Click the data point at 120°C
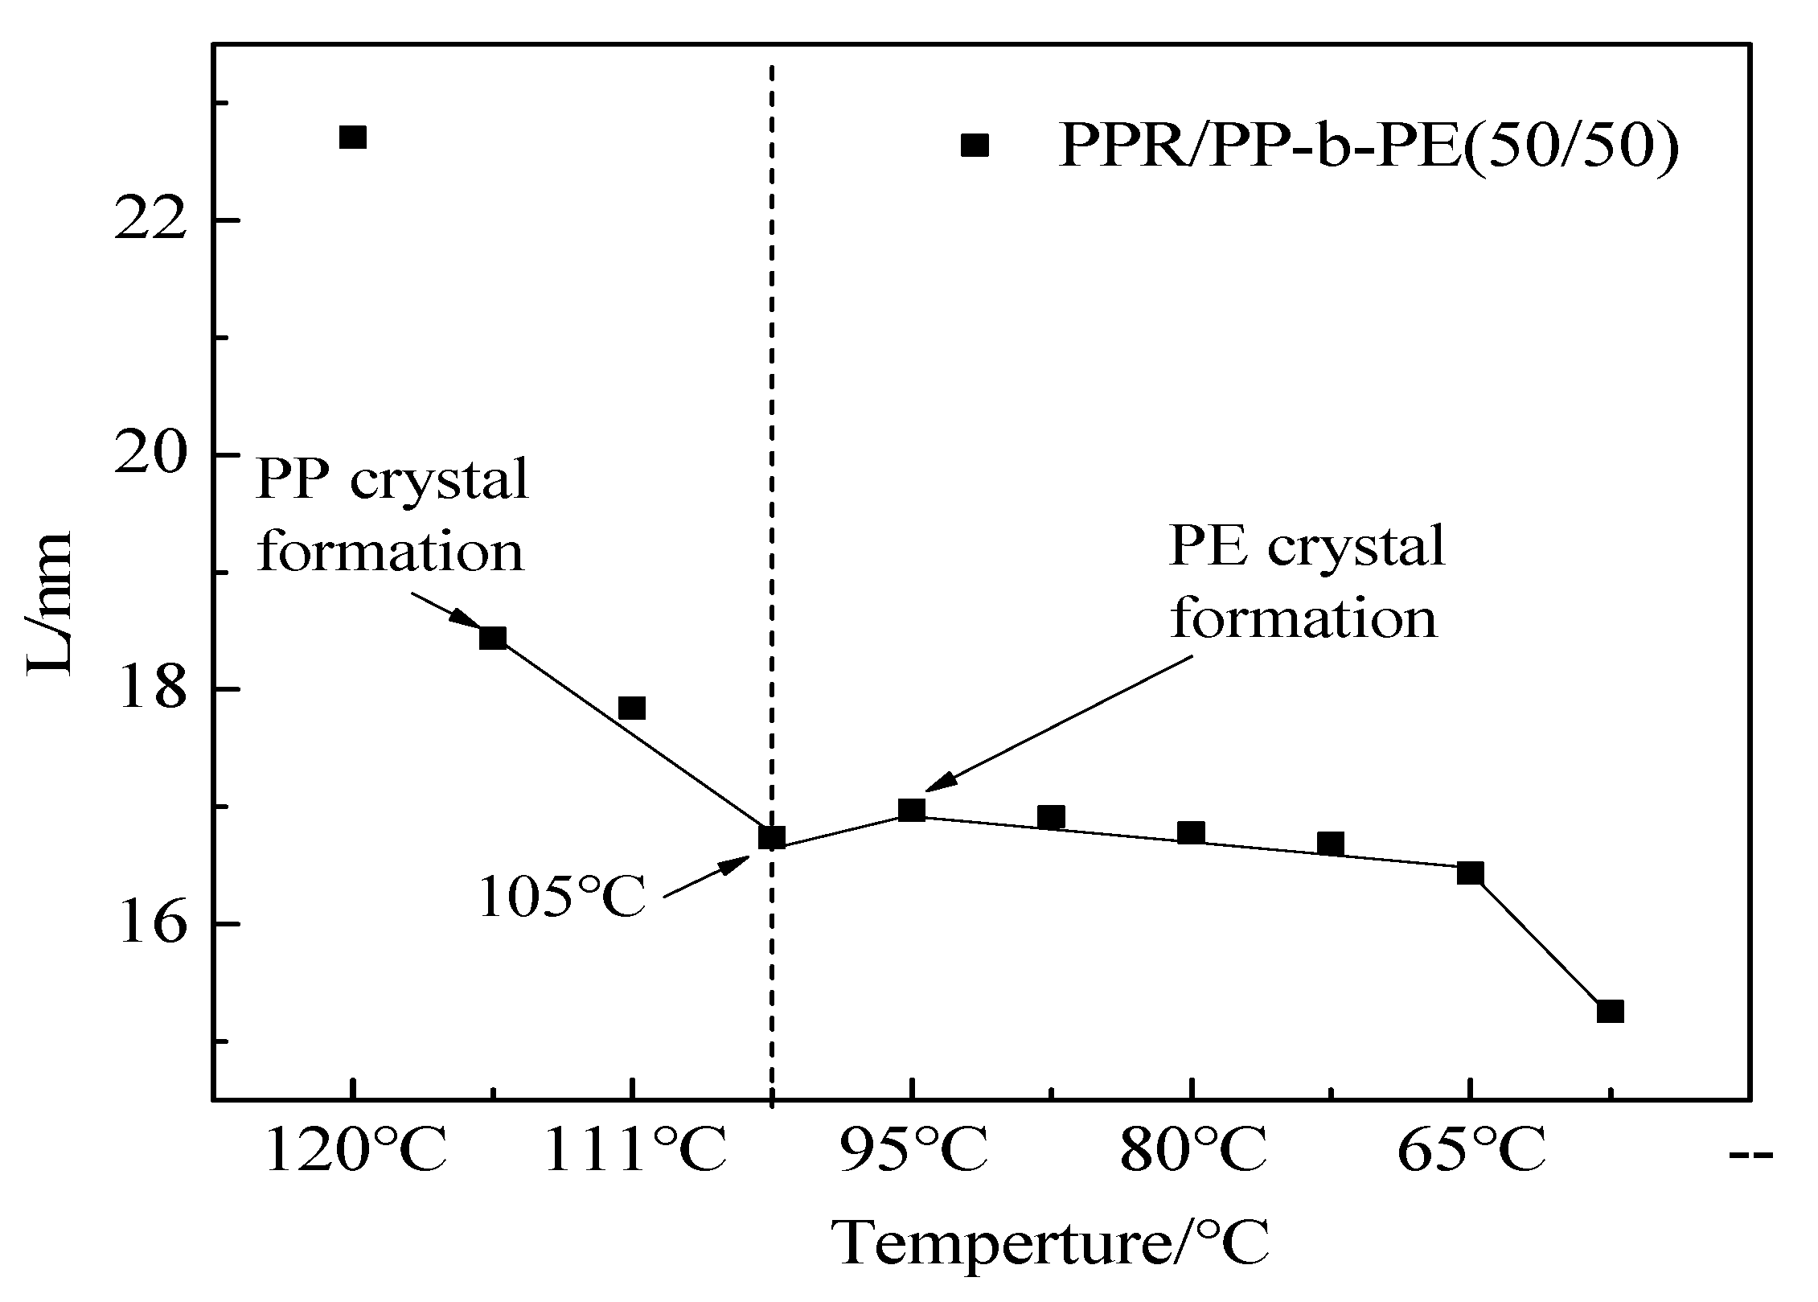pyautogui.click(x=352, y=138)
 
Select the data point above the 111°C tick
pyautogui.click(x=632, y=708)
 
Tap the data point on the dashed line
pyautogui.click(x=771, y=838)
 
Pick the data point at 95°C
pyautogui.click(x=911, y=809)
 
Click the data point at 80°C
pyautogui.click(x=1191, y=832)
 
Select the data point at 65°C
pyautogui.click(x=1470, y=873)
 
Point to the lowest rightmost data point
pyautogui.click(x=1610, y=1011)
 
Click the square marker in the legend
pyautogui.click(x=975, y=146)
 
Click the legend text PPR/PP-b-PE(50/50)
pyautogui.click(x=1367, y=146)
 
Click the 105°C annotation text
pyautogui.click(x=562, y=896)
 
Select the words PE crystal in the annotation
pyautogui.click(x=1307, y=547)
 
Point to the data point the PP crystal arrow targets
pyautogui.click(x=493, y=639)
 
